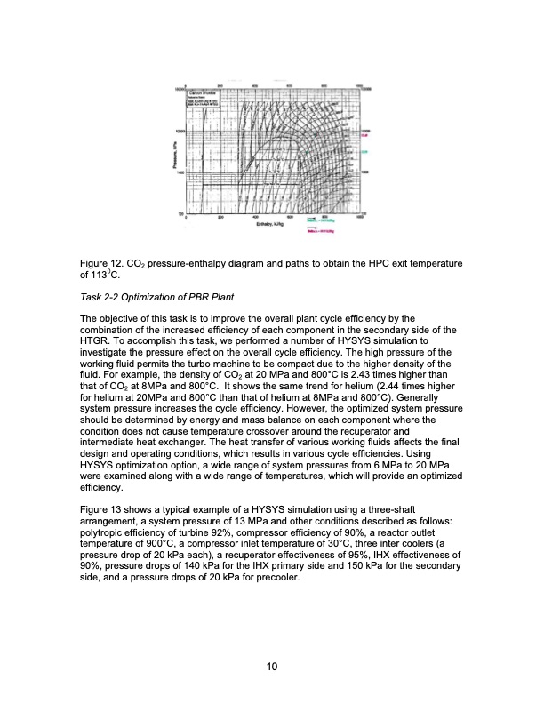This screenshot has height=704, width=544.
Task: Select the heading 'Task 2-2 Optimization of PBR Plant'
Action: (156, 295)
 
